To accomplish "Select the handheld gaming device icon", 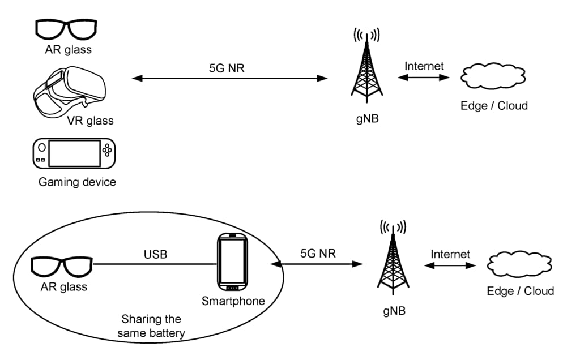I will tap(73, 153).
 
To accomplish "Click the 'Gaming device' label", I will tap(77, 182).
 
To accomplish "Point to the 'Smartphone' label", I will tap(233, 301).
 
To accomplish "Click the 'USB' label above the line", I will tap(155, 254).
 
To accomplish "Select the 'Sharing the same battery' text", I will tap(151, 326).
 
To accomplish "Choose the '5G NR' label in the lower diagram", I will tap(318, 253).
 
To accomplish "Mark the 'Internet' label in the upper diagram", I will tap(424, 66).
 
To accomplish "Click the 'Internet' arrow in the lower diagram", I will tap(450, 265).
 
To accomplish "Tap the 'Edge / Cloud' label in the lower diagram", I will tap(520, 291).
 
